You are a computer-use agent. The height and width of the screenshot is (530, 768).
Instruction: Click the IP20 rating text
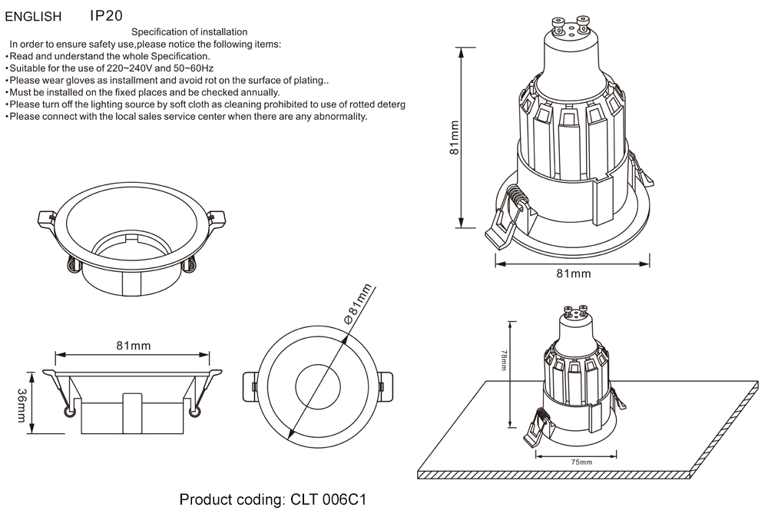[106, 15]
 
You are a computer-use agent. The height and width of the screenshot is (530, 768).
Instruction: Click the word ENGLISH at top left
[33, 15]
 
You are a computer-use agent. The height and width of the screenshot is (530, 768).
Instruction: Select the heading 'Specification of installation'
[189, 32]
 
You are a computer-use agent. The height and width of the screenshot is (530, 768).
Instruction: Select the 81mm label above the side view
[133, 346]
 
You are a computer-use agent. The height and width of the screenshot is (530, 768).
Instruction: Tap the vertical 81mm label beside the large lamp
[454, 138]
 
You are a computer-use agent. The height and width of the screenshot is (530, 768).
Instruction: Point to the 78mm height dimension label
[504, 361]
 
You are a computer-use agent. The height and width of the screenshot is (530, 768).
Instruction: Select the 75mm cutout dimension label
[581, 462]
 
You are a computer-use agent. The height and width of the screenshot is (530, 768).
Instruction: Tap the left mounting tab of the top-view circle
[249, 386]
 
